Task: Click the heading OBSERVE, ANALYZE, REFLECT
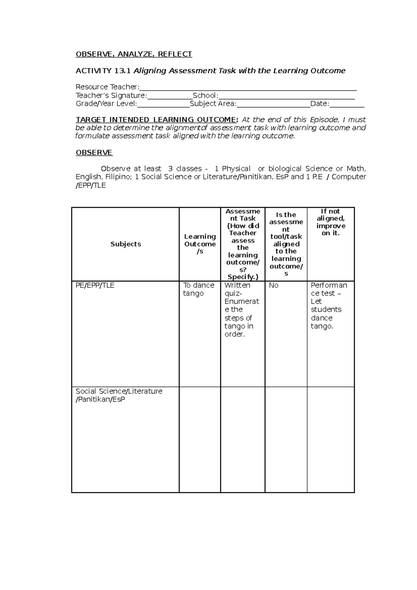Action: click(x=134, y=54)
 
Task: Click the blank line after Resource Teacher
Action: click(x=247, y=88)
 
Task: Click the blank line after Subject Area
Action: click(x=273, y=104)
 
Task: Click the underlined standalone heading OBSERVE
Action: click(x=94, y=153)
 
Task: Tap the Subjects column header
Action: click(x=125, y=244)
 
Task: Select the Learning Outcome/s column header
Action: click(x=200, y=244)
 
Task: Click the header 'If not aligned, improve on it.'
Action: click(x=330, y=222)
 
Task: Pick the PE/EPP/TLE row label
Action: click(x=95, y=286)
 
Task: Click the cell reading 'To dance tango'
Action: click(x=198, y=289)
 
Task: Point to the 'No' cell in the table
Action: click(x=273, y=286)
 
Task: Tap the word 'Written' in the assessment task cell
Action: click(x=237, y=286)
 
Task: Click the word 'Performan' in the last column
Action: click(x=329, y=286)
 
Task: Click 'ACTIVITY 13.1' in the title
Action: click(x=103, y=71)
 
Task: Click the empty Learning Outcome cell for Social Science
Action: click(x=199, y=440)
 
